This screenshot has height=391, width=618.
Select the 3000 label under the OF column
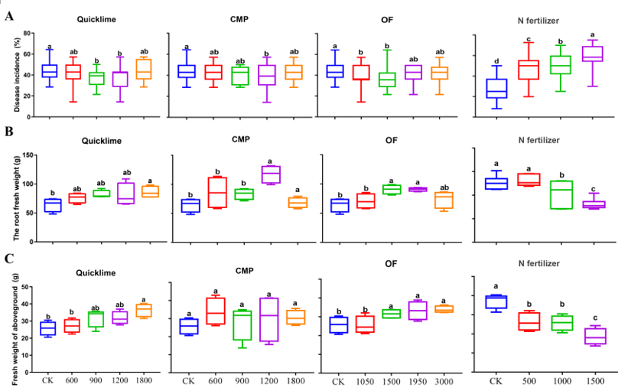[444, 380]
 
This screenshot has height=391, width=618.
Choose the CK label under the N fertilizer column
[496, 380]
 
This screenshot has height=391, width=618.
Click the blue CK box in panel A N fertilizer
[496, 88]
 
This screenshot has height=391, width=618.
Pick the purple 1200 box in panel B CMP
[269, 174]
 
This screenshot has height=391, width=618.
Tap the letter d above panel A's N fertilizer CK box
[496, 61]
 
